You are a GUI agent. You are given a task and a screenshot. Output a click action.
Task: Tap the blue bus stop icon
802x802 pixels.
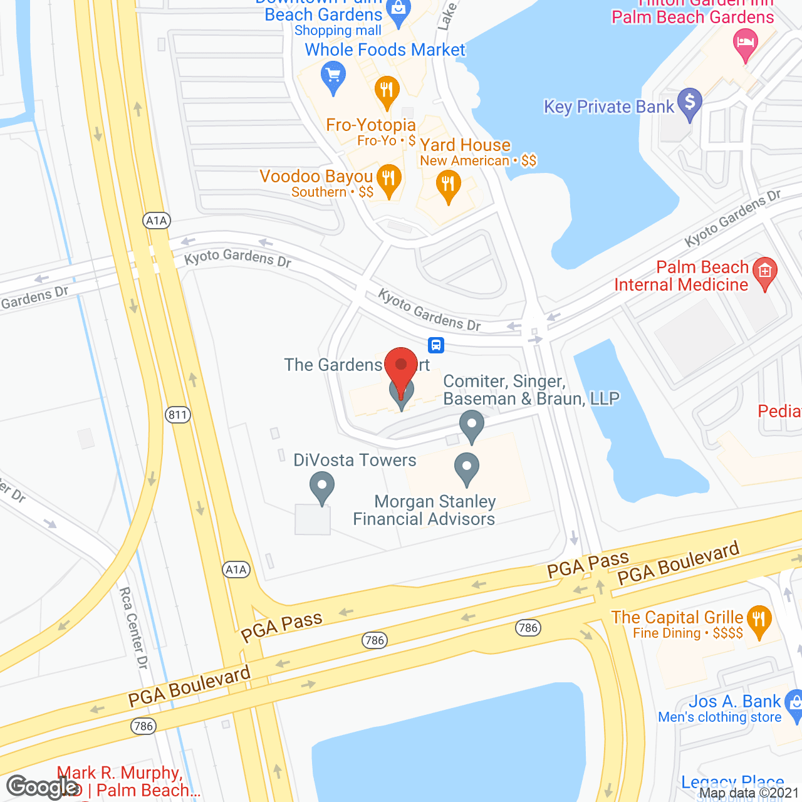436,345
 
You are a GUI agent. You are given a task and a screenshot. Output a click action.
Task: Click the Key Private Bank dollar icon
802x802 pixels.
690,103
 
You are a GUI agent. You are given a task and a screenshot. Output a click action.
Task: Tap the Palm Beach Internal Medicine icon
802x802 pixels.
764,273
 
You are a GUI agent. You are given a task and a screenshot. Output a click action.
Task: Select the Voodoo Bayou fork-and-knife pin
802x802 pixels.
389,180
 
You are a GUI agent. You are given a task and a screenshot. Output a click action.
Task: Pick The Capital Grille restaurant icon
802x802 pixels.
759,621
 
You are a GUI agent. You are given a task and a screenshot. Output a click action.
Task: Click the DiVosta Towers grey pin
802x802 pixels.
321,487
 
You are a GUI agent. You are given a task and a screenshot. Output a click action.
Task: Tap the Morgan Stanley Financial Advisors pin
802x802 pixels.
466,468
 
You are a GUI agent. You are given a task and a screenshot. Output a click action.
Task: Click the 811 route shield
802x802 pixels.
178,414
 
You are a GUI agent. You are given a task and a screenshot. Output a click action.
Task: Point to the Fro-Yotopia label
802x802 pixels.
371,125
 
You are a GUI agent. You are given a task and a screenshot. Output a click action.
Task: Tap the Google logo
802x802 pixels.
43,787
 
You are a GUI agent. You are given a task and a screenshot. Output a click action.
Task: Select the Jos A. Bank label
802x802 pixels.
734,701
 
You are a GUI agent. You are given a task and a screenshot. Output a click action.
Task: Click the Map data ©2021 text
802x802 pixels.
749,793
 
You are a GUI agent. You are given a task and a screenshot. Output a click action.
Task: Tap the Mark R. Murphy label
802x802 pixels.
120,773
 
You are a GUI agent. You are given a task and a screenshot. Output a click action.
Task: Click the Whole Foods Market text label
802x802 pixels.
385,49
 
